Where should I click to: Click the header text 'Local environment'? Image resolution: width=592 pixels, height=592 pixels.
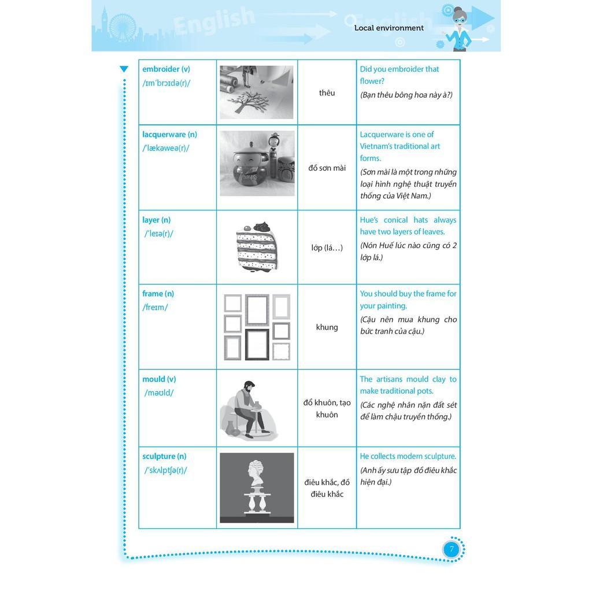(388, 28)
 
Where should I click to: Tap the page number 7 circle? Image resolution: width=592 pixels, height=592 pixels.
(451, 549)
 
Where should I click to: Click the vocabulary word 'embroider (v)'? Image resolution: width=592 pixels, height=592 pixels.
(166, 69)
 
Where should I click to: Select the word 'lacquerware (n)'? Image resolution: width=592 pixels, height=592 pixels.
(169, 135)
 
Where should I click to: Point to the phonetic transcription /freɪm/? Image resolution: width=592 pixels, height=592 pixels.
(155, 308)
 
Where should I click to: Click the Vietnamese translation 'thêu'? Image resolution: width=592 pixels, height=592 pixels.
(327, 92)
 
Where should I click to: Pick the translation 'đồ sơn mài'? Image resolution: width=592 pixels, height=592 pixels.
(327, 168)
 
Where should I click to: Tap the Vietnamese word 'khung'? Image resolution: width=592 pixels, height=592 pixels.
(327, 327)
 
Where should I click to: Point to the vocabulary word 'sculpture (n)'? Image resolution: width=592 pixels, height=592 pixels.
(164, 457)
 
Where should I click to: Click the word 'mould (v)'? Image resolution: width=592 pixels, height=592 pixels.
(159, 380)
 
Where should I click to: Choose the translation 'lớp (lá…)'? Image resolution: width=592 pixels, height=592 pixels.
(327, 248)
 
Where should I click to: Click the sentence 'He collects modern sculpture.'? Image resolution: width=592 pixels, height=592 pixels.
(408, 457)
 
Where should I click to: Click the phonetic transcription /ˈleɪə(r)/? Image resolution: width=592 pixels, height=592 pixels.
(158, 234)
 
